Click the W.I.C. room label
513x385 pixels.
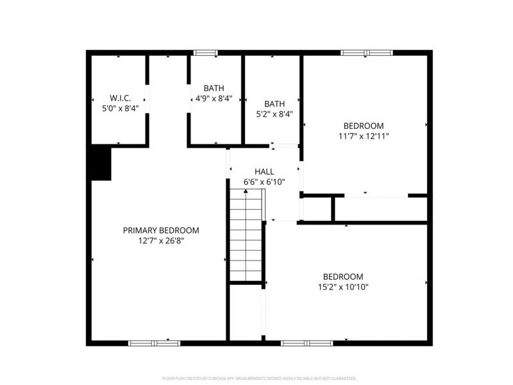coord(120,98)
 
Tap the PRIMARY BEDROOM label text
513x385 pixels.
coord(161,230)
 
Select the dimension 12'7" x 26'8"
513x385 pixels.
coord(161,241)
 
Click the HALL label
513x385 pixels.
coord(264,171)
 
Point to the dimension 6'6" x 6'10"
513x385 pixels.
coord(264,182)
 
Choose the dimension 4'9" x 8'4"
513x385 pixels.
coord(214,99)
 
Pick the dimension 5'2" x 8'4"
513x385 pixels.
coord(274,114)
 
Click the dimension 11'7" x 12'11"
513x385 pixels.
coord(364,136)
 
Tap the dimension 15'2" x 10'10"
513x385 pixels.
coord(343,287)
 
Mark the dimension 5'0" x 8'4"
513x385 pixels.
coord(120,108)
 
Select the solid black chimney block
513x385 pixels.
coord(100,162)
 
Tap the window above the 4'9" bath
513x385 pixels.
coord(206,53)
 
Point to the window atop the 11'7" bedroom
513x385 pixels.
coord(366,53)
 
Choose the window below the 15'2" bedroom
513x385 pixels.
coord(307,343)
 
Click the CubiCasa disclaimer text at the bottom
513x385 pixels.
coord(259,379)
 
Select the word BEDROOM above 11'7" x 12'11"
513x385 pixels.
coord(364,126)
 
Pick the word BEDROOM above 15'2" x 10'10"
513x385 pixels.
coord(343,277)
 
